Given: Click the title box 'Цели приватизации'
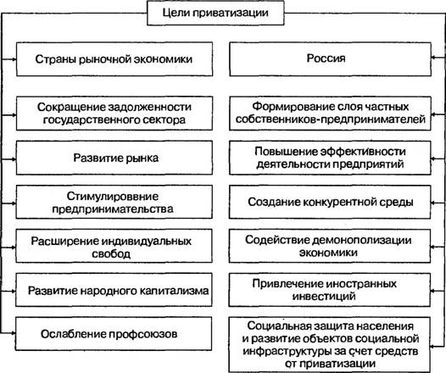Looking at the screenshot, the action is (215, 13).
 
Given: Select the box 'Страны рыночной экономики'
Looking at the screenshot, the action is (114, 59).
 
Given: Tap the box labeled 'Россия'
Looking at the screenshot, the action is (330, 59).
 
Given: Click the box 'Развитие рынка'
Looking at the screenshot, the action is (114, 158).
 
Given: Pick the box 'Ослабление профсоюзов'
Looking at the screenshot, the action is (114, 334).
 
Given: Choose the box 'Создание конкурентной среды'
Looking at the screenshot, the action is (330, 202).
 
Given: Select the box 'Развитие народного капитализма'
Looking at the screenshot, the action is (114, 290).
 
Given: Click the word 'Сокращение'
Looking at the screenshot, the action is (72, 108).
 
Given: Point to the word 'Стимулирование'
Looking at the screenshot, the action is (113, 196).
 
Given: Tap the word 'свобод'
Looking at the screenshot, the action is (111, 253).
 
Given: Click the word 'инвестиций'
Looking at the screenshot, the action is (324, 296).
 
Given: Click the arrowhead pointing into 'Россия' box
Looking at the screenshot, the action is (434, 58).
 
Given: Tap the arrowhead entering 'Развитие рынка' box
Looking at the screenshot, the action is (13, 159).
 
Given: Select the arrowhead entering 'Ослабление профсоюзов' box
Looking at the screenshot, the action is (13, 332).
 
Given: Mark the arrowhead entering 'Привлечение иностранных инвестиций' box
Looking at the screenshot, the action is (433, 291).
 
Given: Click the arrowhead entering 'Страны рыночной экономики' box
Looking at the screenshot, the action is (14, 59).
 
